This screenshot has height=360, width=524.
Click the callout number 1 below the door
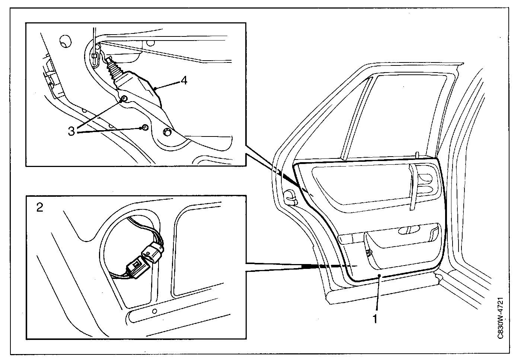[376, 319]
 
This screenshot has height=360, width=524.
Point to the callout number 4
[184, 81]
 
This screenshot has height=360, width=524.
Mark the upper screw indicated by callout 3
[124, 98]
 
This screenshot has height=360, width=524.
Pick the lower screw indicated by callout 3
[145, 128]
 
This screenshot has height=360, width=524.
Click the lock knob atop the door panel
[418, 154]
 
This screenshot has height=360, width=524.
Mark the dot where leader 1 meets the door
[379, 275]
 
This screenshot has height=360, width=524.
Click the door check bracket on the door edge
[290, 197]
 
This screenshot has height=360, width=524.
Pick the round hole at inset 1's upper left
[65, 41]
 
